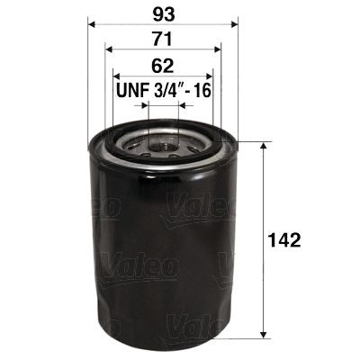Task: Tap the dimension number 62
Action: [x=162, y=66]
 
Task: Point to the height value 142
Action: [x=283, y=240]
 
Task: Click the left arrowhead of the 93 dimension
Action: [x=92, y=25]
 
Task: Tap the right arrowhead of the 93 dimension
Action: [x=233, y=25]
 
